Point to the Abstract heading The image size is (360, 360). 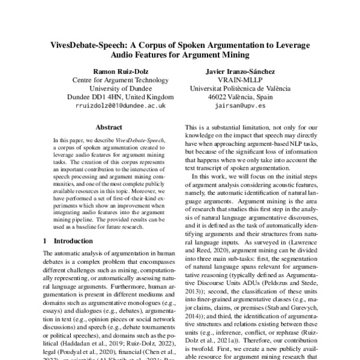[x=109, y=127]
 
